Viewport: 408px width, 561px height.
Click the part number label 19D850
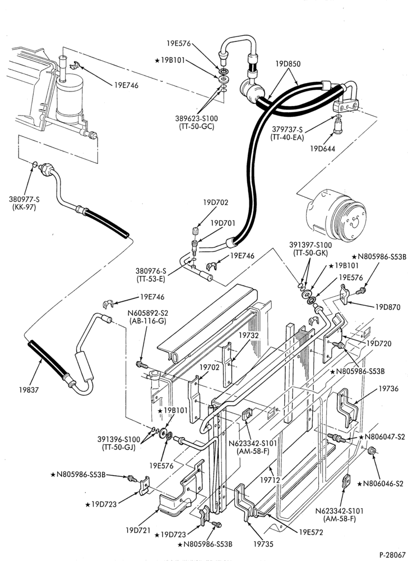pyautogui.click(x=288, y=64)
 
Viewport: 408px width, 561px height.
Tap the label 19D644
pyautogui.click(x=323, y=148)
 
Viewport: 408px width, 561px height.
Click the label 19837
pyautogui.click(x=29, y=390)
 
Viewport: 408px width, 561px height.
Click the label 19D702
pyautogui.click(x=216, y=203)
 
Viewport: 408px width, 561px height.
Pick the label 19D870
pyautogui.click(x=388, y=307)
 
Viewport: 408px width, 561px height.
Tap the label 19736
pyautogui.click(x=388, y=389)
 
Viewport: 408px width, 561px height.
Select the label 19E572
pyautogui.click(x=311, y=532)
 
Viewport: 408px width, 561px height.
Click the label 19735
pyautogui.click(x=263, y=544)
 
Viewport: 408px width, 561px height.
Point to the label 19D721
pyautogui.click(x=137, y=530)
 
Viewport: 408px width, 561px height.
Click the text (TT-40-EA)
pyautogui.click(x=288, y=136)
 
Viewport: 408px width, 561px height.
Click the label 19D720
pyautogui.click(x=379, y=343)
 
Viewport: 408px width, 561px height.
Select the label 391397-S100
pyautogui.click(x=310, y=245)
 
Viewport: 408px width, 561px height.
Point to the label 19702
pyautogui.click(x=209, y=367)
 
